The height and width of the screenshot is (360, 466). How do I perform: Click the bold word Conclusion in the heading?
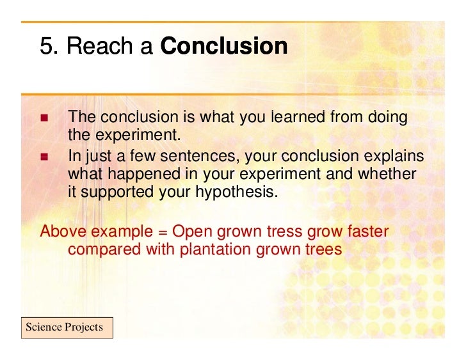pos(223,47)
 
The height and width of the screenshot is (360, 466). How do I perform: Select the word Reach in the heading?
pos(96,47)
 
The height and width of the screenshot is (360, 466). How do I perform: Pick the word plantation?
pos(216,249)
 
